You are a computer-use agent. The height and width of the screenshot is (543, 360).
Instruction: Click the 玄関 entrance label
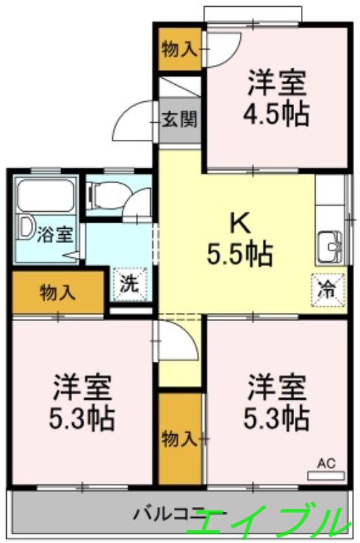pyautogui.click(x=180, y=121)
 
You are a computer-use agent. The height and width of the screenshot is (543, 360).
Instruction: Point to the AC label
pyautogui.click(x=326, y=464)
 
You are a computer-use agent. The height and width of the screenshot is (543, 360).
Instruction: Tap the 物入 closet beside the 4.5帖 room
pyautogui.click(x=180, y=49)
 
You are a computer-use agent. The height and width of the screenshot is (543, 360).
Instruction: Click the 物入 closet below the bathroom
pyautogui.click(x=58, y=293)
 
